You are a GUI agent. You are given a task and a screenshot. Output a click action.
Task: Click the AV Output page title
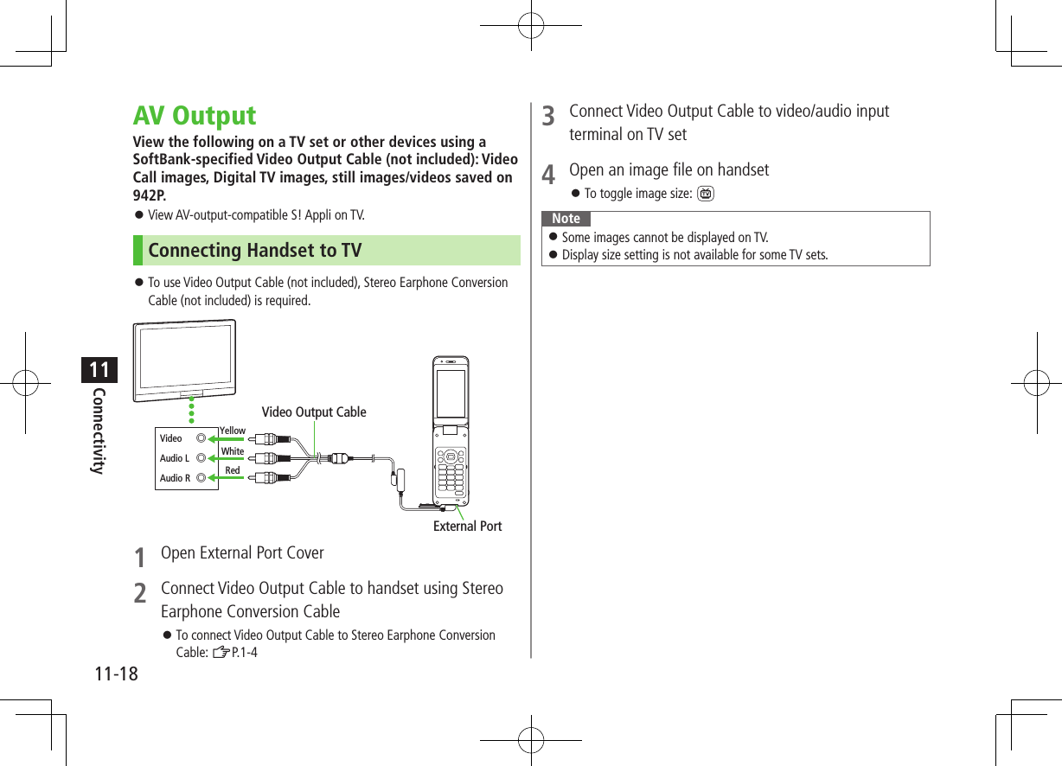[x=195, y=116]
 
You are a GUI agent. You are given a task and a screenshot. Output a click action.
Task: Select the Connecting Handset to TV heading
[x=255, y=251]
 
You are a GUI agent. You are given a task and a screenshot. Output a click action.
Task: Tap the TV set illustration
[x=184, y=360]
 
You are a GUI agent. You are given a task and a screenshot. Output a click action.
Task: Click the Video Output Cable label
[x=314, y=412]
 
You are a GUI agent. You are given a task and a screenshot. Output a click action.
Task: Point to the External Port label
[x=467, y=526]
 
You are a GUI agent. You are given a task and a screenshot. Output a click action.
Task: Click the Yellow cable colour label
[x=233, y=431]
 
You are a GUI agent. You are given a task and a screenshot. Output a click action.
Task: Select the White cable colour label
[x=233, y=451]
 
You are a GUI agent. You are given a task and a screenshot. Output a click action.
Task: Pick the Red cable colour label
[x=233, y=471]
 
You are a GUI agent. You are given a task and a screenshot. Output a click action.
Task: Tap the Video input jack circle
[x=202, y=438]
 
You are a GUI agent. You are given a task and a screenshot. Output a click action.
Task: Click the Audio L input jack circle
[x=202, y=458]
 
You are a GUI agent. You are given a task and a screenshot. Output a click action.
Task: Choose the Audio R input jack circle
[x=202, y=477]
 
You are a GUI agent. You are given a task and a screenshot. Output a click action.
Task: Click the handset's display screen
[x=451, y=393]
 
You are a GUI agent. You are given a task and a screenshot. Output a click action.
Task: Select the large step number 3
[x=548, y=116]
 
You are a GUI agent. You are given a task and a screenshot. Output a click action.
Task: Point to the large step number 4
[x=548, y=175]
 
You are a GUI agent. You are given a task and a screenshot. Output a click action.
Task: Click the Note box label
[x=566, y=219]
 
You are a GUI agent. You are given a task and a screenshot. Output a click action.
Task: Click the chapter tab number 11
[x=99, y=370]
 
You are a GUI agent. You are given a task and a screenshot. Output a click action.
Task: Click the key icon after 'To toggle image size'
[x=706, y=194]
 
